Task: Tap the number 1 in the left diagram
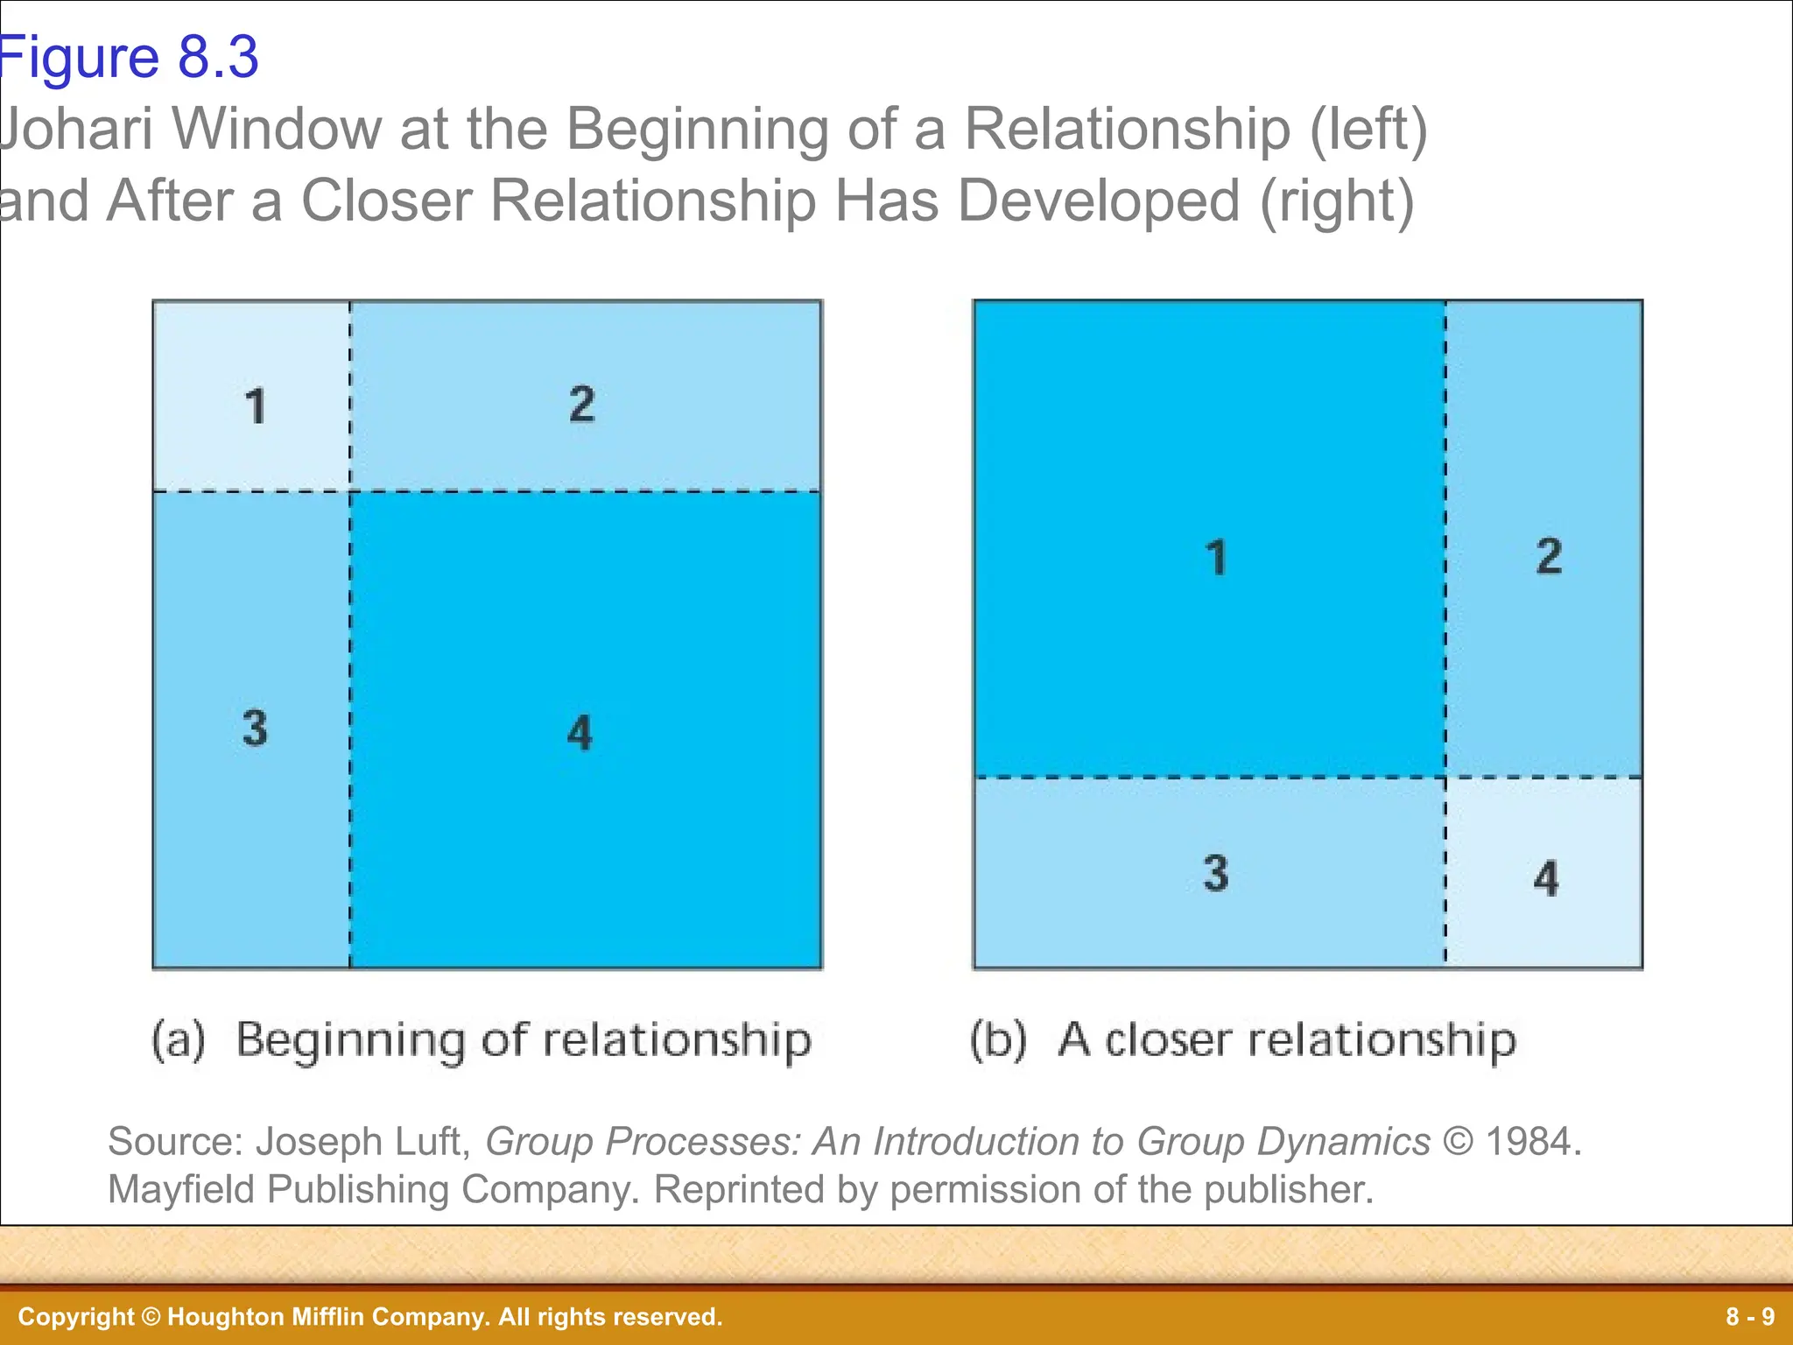(255, 406)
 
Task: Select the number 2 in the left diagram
(582, 404)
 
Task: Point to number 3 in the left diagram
(255, 728)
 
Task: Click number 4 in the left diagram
(580, 732)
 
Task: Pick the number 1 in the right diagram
(1216, 558)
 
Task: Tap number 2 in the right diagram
(1549, 556)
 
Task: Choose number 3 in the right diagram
(1215, 873)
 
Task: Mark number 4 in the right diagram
(1546, 878)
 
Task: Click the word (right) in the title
(1337, 201)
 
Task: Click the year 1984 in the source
(1532, 1142)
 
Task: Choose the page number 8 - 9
(1750, 1317)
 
